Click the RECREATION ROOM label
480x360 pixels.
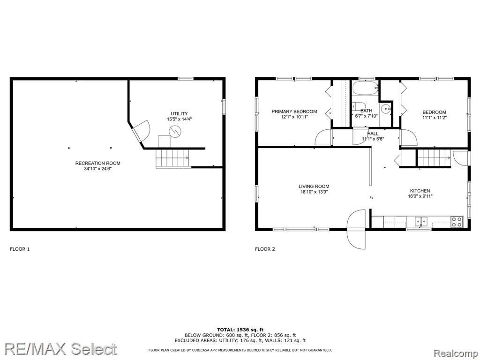97,163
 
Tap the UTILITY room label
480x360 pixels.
179,113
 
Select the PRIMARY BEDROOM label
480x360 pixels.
294,112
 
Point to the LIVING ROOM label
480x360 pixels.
314,186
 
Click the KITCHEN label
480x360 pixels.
420,191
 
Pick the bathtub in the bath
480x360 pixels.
365,88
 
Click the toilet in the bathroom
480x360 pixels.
357,106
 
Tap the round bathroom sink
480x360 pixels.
386,108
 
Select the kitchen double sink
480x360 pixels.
421,221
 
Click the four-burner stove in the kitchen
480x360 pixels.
457,222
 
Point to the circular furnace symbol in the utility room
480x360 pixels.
175,132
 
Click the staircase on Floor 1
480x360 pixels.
173,158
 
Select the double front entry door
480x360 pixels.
356,229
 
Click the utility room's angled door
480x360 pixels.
140,131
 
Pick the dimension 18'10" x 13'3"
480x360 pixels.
314,192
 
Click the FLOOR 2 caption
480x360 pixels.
265,249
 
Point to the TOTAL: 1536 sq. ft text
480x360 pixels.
240,330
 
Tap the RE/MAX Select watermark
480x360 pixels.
60,349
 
